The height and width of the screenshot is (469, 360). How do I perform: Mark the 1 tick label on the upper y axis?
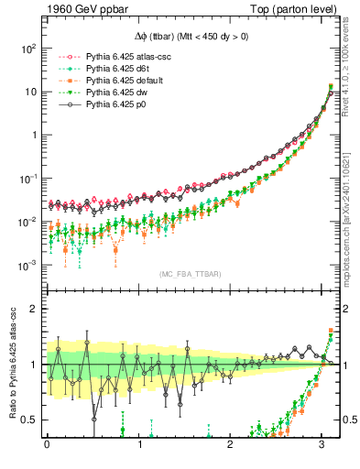click(x=34, y=135)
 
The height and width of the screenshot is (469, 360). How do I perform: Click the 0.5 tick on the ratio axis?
click(x=30, y=420)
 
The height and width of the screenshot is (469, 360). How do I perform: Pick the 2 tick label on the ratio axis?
click(x=35, y=309)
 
